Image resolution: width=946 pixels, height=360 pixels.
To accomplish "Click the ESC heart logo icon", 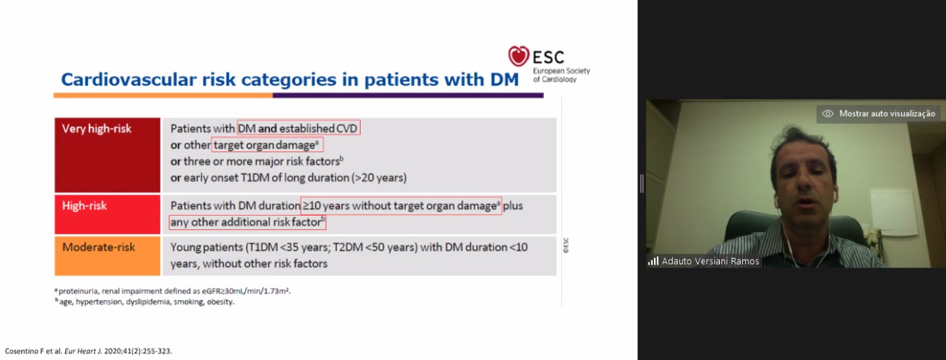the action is tap(518, 55).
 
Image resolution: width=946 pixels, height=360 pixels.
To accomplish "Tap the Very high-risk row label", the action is tap(97, 129).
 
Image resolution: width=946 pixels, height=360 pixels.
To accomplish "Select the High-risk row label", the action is tap(84, 206).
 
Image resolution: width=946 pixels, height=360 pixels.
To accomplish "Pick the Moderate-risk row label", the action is tap(99, 247).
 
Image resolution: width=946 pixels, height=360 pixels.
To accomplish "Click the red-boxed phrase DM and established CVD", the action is tap(299, 128).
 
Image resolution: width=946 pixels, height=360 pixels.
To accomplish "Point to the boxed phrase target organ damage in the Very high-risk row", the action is tap(268, 145).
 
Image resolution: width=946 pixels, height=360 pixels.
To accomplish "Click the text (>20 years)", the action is tap(379, 177).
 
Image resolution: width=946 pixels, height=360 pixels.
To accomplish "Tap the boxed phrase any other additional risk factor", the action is tap(248, 223).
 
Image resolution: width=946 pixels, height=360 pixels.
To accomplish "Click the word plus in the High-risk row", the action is tap(513, 206).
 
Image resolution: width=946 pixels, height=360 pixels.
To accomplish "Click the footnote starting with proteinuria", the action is tap(173, 291).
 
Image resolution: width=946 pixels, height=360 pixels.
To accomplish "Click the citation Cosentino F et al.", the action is tap(33, 351).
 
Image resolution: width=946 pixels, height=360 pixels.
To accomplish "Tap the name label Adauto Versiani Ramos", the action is tap(710, 261).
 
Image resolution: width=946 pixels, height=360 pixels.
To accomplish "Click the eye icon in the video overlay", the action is tap(828, 114).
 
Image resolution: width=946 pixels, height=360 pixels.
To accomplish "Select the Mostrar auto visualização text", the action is tap(887, 114).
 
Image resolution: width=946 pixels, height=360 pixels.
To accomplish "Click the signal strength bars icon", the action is tap(653, 261).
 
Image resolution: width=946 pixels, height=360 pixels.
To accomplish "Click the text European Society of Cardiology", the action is tap(561, 75).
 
